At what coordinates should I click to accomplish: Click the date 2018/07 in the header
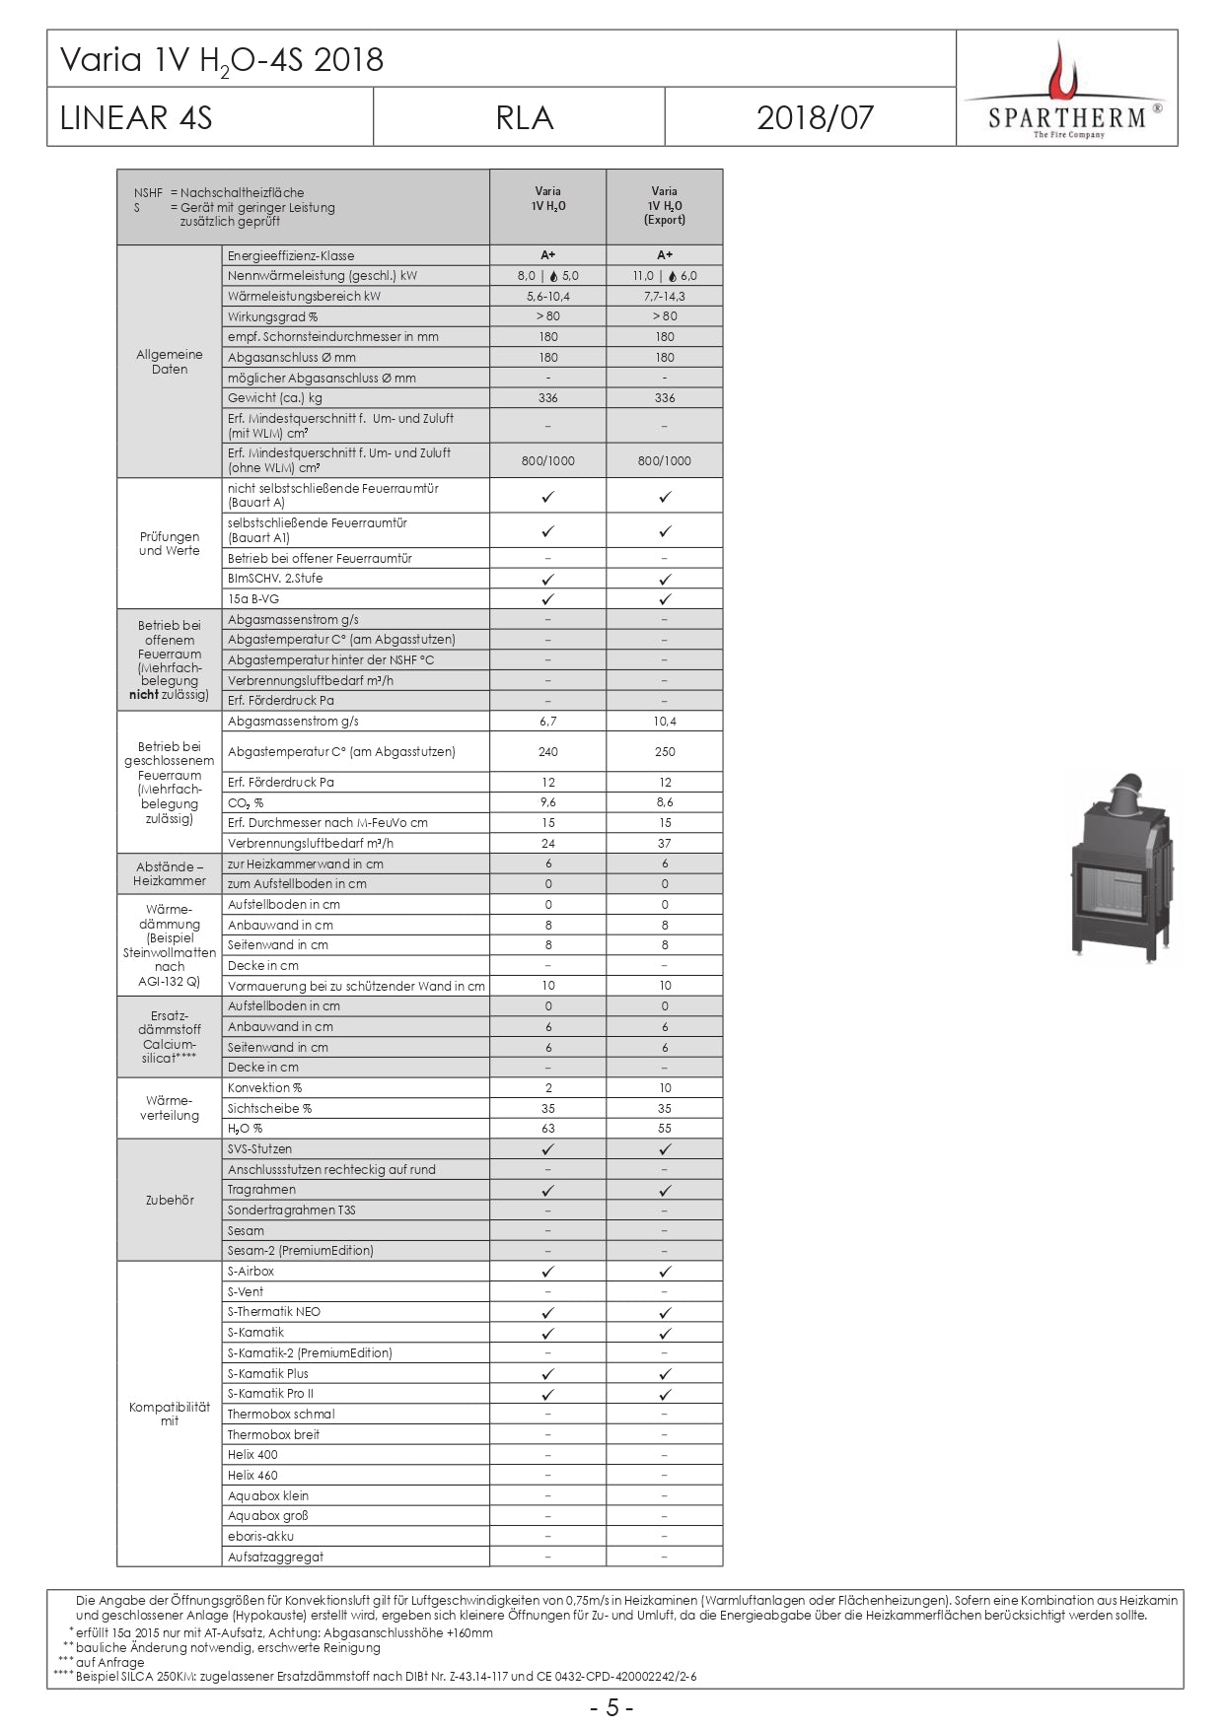[815, 118]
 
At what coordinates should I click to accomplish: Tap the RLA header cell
[524, 118]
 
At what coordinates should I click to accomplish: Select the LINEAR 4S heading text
[136, 118]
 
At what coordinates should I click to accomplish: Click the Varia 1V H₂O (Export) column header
[664, 206]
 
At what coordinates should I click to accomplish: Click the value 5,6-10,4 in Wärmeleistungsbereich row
[547, 297]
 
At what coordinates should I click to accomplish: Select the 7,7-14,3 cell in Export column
[664, 297]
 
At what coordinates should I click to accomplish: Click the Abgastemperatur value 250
[664, 752]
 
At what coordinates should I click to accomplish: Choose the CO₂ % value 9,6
[547, 802]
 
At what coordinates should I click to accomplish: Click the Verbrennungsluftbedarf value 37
[664, 844]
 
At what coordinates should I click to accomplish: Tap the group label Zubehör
[170, 1201]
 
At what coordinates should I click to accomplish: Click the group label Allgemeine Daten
[170, 362]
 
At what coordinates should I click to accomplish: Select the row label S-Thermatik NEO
[274, 1312]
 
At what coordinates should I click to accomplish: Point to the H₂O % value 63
[547, 1129]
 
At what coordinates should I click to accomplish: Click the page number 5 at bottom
[612, 1708]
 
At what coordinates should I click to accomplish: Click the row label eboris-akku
[260, 1537]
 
